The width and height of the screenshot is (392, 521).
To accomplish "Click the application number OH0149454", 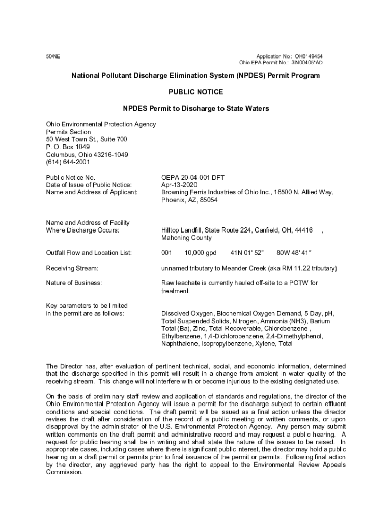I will click(x=309, y=56).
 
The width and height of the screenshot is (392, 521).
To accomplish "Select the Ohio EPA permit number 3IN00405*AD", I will click(x=306, y=63).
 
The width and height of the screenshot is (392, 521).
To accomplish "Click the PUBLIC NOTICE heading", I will click(x=195, y=92).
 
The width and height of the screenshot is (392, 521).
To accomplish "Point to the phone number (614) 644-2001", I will click(x=68, y=162).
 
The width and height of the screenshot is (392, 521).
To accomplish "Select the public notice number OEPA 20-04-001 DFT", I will click(x=193, y=178).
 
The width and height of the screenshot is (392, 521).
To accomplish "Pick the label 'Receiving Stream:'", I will click(x=72, y=268).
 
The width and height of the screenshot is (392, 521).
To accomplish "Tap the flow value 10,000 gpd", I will click(x=201, y=253).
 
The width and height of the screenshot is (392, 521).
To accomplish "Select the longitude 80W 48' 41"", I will click(x=294, y=253).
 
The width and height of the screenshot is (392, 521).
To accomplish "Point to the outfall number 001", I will click(x=166, y=253).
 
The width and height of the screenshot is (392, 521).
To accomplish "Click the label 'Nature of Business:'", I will click(x=74, y=283).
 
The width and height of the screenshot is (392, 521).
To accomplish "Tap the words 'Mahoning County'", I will click(x=187, y=238).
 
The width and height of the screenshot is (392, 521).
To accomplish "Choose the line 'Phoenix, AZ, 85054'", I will click(x=189, y=200).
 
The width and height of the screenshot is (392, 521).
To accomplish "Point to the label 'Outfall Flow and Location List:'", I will click(x=89, y=253).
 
